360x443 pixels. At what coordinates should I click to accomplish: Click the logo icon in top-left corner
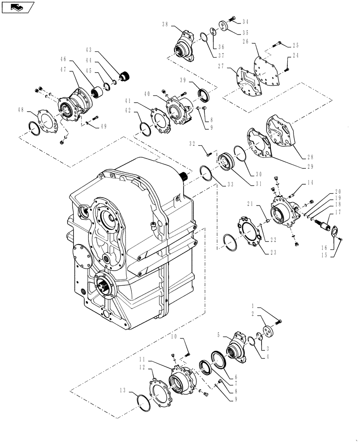[18, 7]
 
